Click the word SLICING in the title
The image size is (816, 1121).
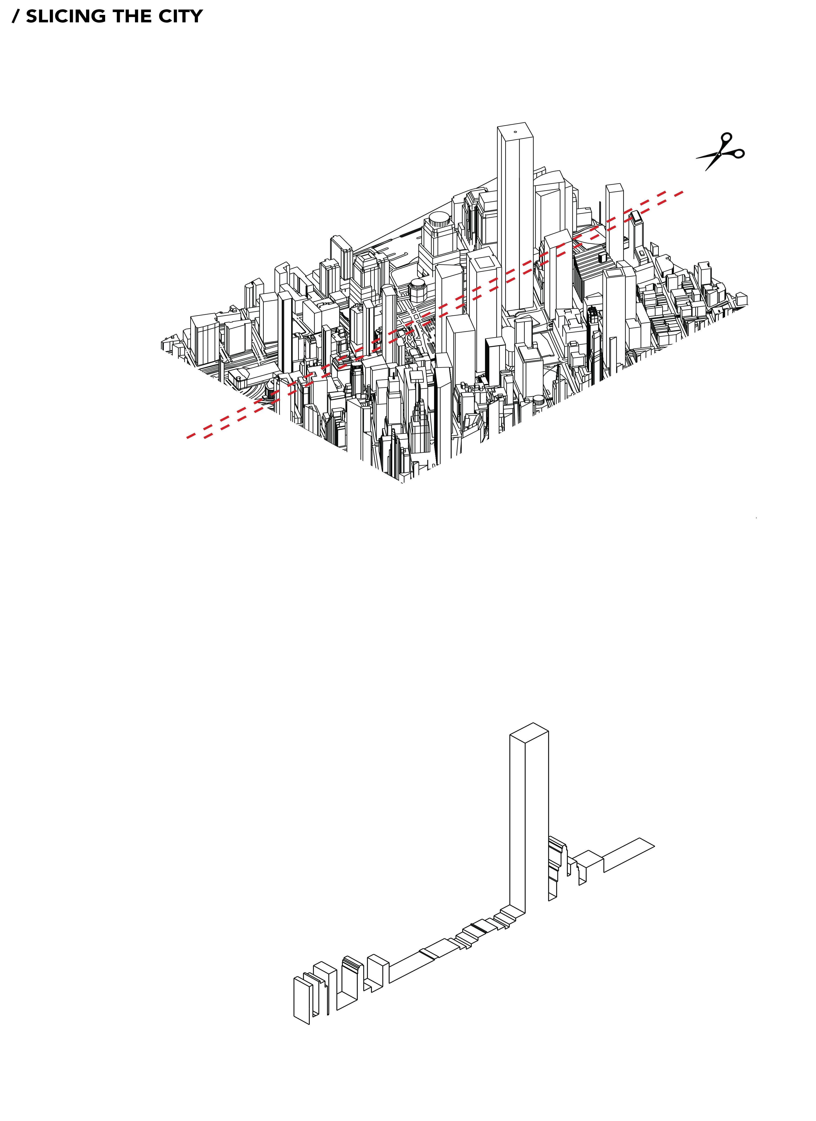coord(66,16)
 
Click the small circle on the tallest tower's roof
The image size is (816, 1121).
coord(515,132)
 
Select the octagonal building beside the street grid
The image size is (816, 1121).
coord(418,289)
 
